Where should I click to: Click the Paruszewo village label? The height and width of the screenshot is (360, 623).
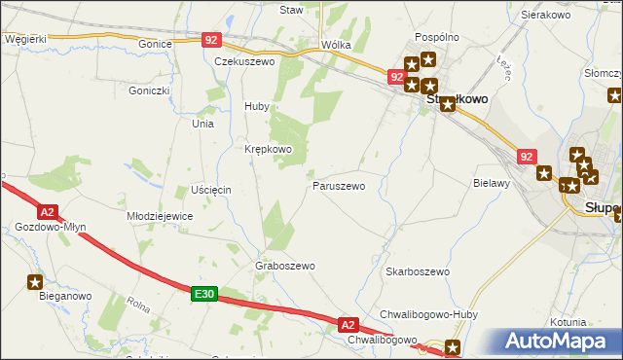(339, 185)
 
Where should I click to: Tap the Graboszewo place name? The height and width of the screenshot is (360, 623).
(285, 266)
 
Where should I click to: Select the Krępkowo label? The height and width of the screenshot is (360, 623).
(268, 149)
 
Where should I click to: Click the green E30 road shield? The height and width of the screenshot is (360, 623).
(202, 294)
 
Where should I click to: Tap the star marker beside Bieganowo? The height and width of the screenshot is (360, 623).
(35, 283)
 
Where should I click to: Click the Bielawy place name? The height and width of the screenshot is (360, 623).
(492, 182)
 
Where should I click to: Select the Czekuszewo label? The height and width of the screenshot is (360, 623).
(245, 60)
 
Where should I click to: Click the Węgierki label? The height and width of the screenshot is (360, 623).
(25, 39)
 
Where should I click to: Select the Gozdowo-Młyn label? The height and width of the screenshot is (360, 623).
(51, 227)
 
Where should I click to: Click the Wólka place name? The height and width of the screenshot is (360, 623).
(336, 45)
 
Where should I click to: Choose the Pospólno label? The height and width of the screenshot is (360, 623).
(437, 37)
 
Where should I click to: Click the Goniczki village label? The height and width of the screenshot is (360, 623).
(149, 90)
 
